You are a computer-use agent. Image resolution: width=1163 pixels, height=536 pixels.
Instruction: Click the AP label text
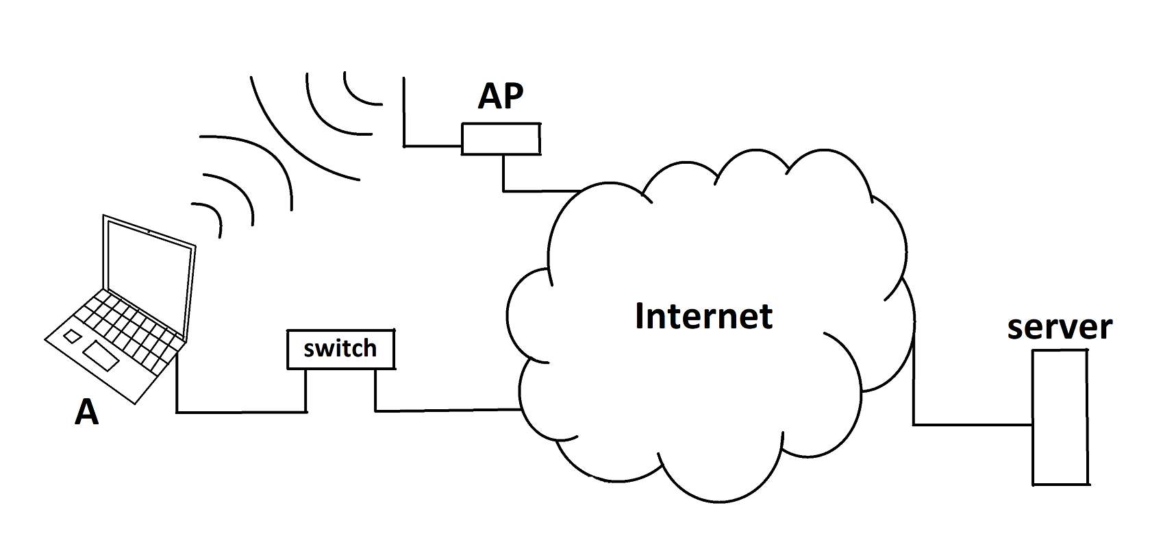(x=501, y=97)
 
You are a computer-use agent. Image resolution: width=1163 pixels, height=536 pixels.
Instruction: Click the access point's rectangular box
(x=501, y=138)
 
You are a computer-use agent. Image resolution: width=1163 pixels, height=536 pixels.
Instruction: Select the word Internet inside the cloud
(x=703, y=316)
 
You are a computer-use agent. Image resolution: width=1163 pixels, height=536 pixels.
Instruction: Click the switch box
(x=340, y=350)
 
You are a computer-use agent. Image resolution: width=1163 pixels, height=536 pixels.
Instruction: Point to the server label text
(x=1059, y=328)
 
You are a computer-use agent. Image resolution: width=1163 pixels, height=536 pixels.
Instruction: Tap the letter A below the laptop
(x=86, y=413)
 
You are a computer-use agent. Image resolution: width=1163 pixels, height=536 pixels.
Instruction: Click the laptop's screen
(x=147, y=274)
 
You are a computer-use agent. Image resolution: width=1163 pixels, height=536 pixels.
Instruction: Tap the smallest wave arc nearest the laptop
(x=212, y=212)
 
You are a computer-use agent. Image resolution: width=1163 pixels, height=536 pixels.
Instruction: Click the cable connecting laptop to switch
(x=240, y=412)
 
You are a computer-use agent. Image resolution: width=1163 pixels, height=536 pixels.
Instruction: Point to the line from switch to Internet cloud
(x=445, y=411)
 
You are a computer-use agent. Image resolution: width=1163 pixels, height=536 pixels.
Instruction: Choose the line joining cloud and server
(x=973, y=425)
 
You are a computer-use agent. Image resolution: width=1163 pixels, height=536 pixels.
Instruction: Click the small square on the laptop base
(x=71, y=336)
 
